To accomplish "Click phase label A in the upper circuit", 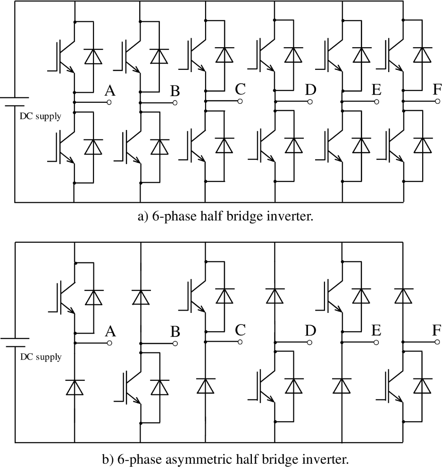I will click(x=110, y=91).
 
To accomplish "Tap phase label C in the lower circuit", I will click(x=240, y=330).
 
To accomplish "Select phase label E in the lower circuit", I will click(x=376, y=330).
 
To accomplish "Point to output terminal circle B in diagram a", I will click(x=175, y=102).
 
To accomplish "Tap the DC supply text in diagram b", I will click(x=40, y=357).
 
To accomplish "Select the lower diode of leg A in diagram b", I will click(x=75, y=387).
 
